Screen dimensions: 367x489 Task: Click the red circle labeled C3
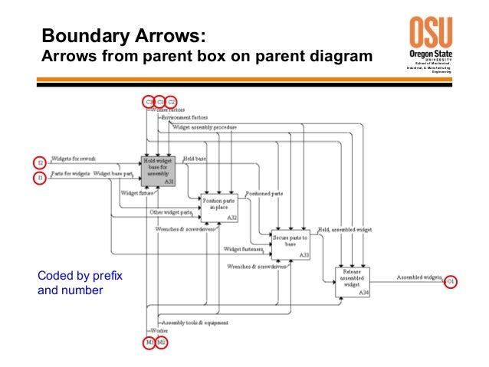149,100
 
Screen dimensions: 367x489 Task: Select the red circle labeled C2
172,100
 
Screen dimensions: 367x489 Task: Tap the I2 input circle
41,162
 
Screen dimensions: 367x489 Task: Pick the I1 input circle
41,178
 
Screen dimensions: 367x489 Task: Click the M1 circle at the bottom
149,342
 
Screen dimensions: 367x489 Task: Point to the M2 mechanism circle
162,342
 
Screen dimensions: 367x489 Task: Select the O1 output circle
451,282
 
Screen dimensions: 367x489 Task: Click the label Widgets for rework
73,159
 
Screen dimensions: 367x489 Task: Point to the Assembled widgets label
418,276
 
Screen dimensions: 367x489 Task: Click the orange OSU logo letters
430,33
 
